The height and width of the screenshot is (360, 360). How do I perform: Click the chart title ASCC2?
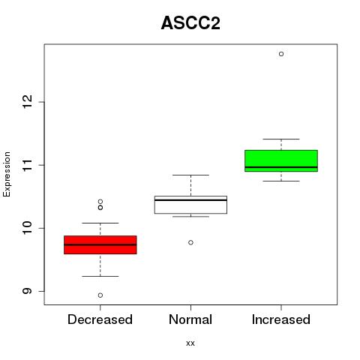pos(190,23)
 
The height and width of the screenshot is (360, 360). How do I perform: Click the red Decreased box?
pos(100,244)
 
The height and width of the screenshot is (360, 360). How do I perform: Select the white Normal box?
pos(190,205)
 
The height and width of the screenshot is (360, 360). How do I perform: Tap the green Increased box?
pos(281,160)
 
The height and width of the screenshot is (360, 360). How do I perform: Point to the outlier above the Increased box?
pos(281,54)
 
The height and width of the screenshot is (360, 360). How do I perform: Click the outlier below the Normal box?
pos(190,242)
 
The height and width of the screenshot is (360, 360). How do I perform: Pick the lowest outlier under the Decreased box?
pos(100,295)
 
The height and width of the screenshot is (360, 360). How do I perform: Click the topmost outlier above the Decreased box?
pos(100,202)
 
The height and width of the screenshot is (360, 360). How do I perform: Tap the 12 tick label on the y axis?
pos(28,102)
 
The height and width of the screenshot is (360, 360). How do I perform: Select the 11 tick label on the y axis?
pos(28,165)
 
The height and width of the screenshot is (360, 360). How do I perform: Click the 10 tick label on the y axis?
pos(28,228)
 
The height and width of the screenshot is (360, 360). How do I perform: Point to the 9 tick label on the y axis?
pos(28,291)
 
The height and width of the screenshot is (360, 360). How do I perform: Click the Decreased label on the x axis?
pos(100,319)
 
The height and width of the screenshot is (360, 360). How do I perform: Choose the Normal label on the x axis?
pos(190,319)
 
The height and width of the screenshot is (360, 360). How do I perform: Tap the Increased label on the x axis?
pos(281,319)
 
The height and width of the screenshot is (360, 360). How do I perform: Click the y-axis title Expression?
pos(7,174)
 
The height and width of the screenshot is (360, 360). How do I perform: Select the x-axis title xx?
pos(190,343)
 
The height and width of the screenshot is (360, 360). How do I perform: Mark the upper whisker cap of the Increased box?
pos(281,139)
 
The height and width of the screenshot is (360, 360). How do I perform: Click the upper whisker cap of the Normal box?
pos(190,175)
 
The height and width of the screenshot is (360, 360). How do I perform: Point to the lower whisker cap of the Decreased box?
pos(100,276)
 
